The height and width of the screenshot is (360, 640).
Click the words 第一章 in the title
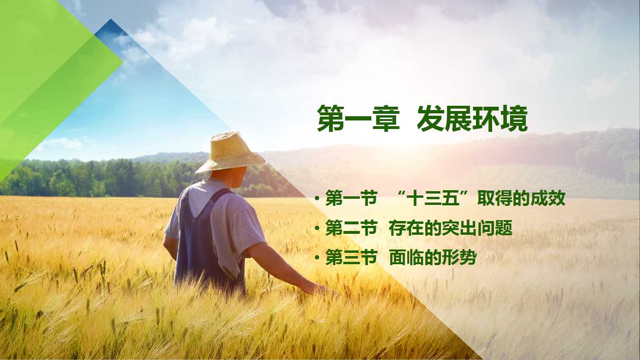pyautogui.click(x=358, y=119)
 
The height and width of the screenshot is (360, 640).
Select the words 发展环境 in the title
pyautogui.click(x=472, y=119)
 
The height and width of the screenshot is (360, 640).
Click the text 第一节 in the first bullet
pyautogui.click(x=351, y=198)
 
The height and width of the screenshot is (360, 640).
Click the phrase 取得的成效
pyautogui.click(x=521, y=198)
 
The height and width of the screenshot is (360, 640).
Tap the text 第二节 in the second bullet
pyautogui.click(x=351, y=228)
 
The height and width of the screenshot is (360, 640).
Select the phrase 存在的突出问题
pyautogui.click(x=450, y=228)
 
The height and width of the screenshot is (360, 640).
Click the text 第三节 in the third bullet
pyautogui.click(x=351, y=258)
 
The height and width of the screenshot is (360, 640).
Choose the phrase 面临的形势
pyautogui.click(x=433, y=258)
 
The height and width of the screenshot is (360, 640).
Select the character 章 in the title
pyautogui.click(x=386, y=119)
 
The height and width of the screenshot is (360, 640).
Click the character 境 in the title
pyautogui.click(x=514, y=119)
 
